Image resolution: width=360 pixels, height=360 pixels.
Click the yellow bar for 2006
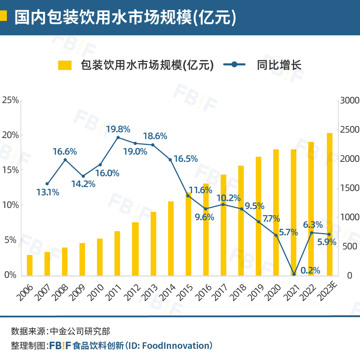(x=30, y=265)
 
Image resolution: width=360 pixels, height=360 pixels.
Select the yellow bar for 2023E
(x=330, y=204)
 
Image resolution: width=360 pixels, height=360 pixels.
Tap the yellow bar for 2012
(x=135, y=249)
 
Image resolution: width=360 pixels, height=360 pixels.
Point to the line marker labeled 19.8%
(x=118, y=138)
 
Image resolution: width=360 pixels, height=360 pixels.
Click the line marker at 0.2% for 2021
(x=294, y=274)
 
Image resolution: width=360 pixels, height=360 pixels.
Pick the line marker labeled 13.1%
(x=47, y=184)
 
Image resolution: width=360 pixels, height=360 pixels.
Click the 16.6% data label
(x=65, y=152)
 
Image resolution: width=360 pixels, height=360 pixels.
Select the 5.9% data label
(x=327, y=242)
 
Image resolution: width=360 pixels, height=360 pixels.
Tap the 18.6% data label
(x=155, y=136)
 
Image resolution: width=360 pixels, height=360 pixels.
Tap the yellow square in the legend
(x=65, y=65)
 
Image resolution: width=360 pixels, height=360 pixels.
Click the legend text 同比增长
(x=279, y=65)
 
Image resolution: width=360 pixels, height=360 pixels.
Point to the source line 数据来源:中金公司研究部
(x=60, y=331)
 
